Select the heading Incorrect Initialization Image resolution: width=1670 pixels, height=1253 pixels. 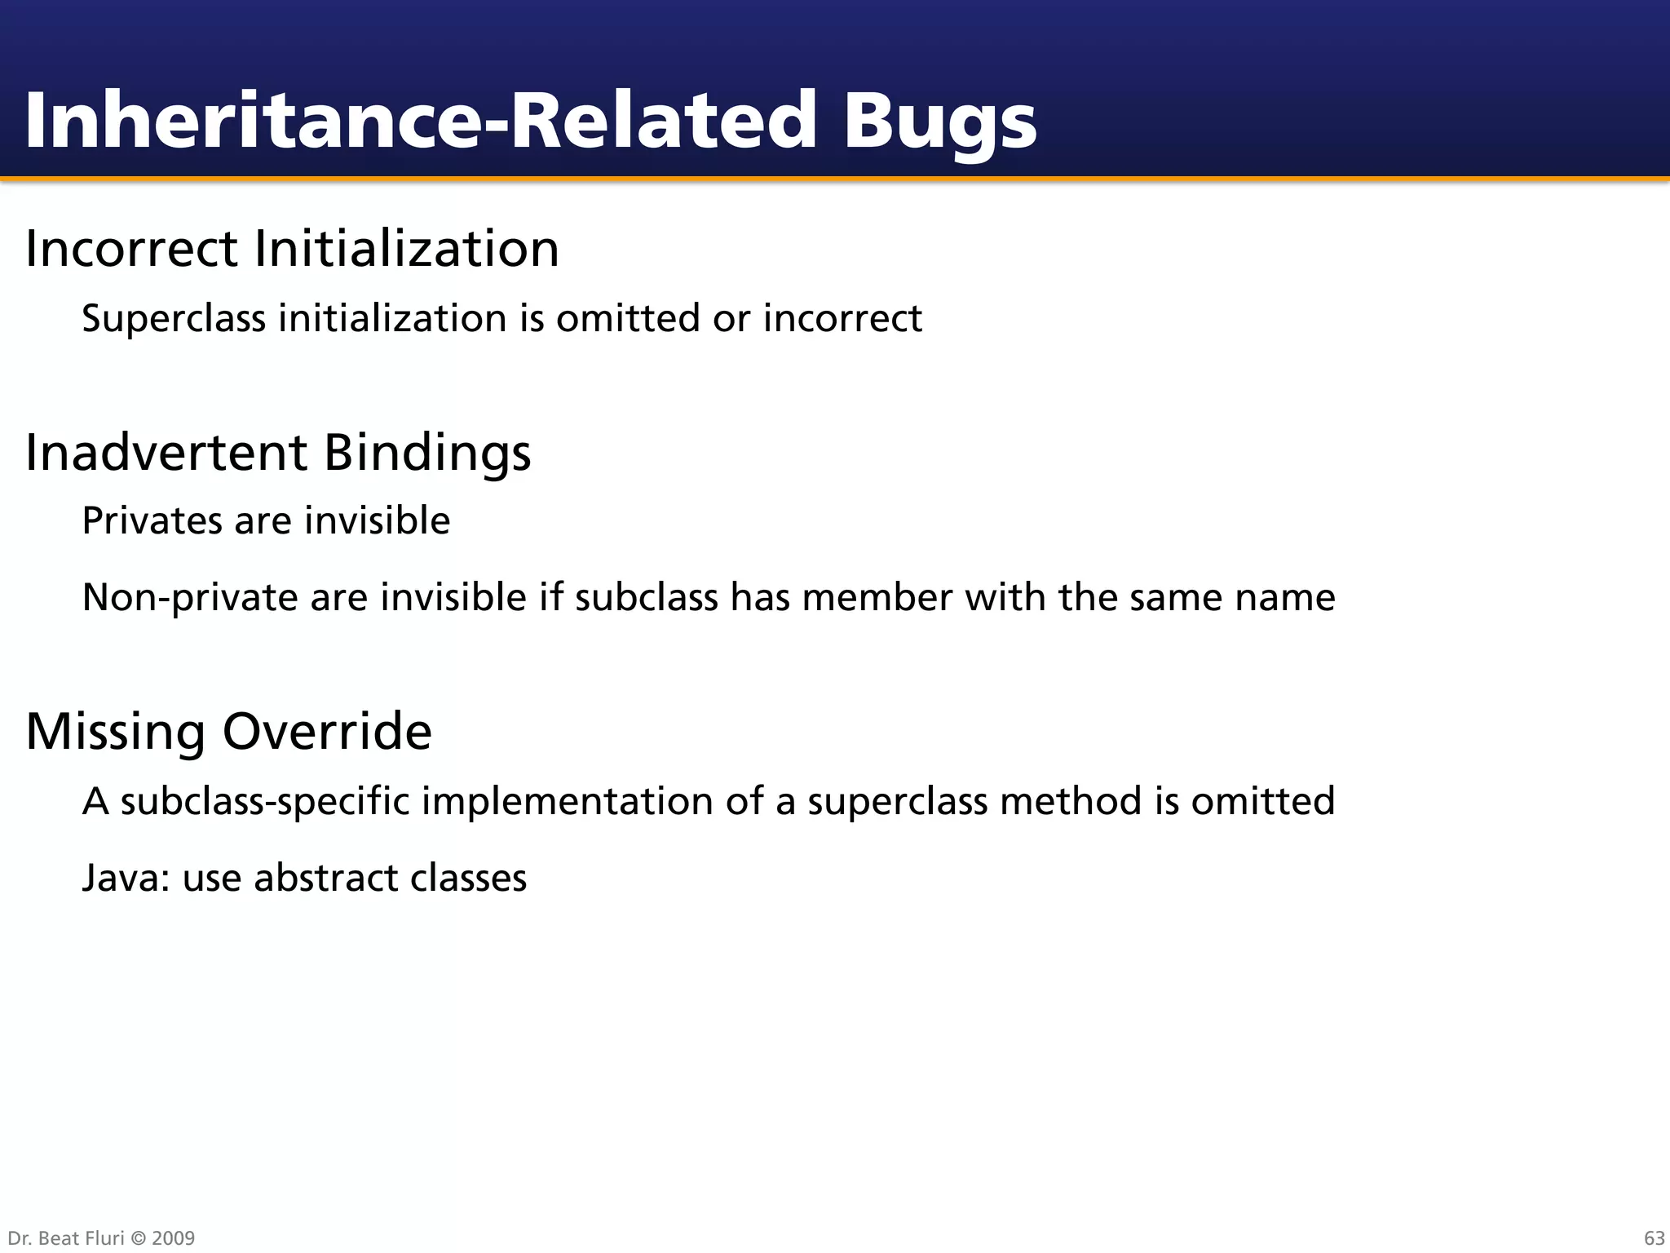point(292,248)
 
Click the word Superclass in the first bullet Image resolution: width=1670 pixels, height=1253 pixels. point(174,319)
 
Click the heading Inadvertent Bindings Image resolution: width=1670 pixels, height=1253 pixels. point(278,452)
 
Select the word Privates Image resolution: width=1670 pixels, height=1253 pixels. point(152,520)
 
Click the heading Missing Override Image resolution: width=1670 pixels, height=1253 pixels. point(228,731)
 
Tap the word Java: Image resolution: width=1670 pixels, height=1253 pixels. point(126,879)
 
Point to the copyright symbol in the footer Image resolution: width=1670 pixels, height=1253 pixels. point(137,1238)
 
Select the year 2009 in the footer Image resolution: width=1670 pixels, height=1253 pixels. point(174,1238)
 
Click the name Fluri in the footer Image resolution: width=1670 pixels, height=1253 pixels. point(104,1238)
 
